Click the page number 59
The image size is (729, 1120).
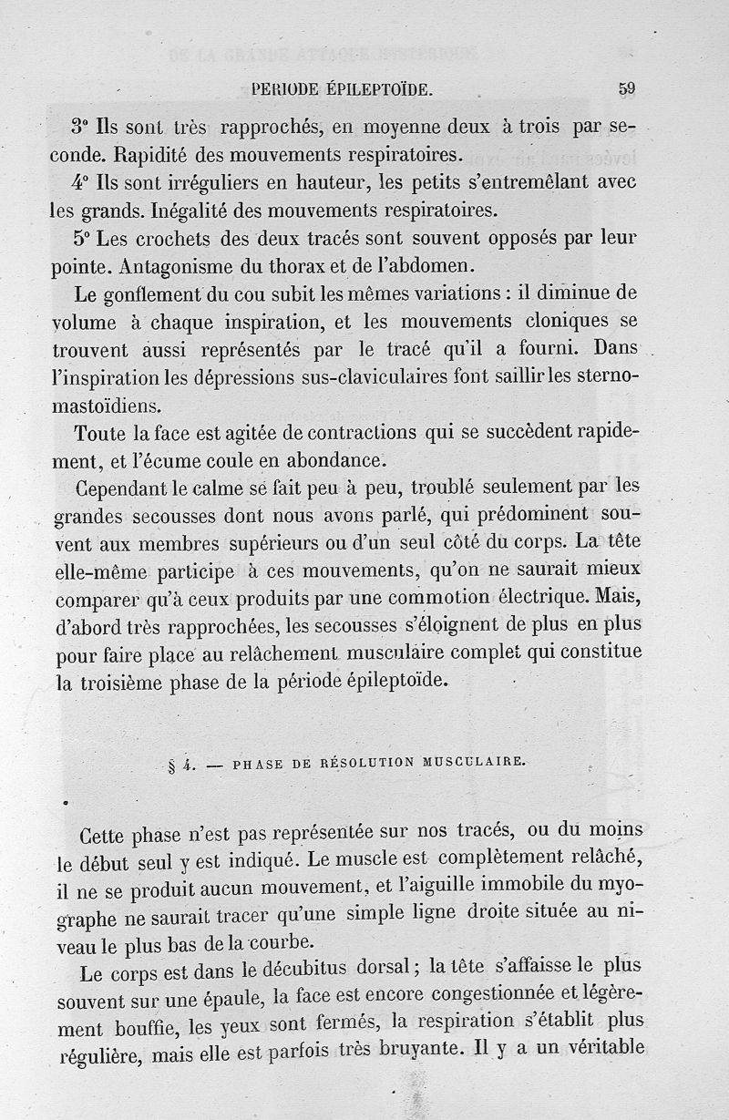click(626, 88)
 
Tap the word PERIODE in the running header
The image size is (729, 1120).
click(286, 89)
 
